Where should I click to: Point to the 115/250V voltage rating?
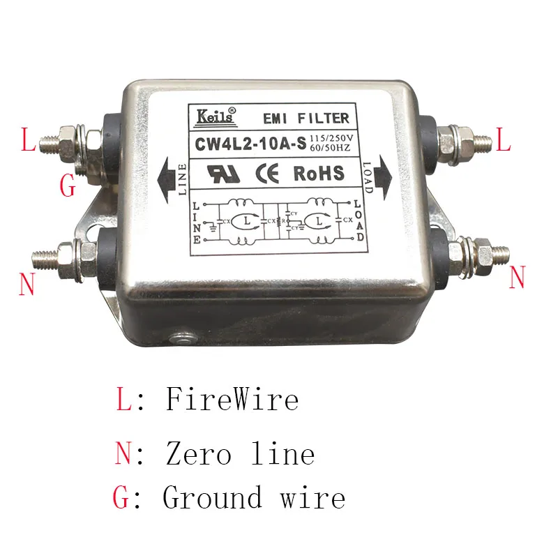pyautogui.click(x=332, y=139)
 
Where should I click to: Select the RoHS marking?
pyautogui.click(x=319, y=172)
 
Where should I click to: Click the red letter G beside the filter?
pyautogui.click(x=68, y=186)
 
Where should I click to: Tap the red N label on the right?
pyautogui.click(x=517, y=278)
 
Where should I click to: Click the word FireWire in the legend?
pyautogui.click(x=232, y=400)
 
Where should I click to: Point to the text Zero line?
pyautogui.click(x=240, y=455)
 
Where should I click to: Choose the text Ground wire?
pyautogui.click(x=254, y=498)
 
